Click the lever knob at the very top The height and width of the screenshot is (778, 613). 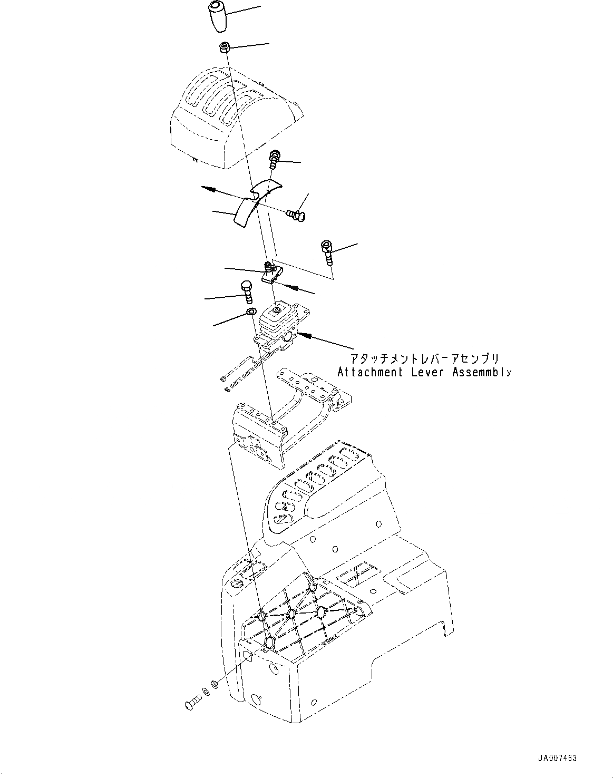coord(217,17)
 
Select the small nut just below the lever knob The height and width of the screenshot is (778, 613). coord(225,48)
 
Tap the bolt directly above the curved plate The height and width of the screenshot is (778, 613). coord(274,159)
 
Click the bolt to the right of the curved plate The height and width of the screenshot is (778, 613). coord(298,213)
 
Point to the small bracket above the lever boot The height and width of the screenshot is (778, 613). coord(272,273)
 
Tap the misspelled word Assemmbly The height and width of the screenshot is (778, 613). coord(481,372)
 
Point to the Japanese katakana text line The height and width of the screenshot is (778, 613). coord(424,359)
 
